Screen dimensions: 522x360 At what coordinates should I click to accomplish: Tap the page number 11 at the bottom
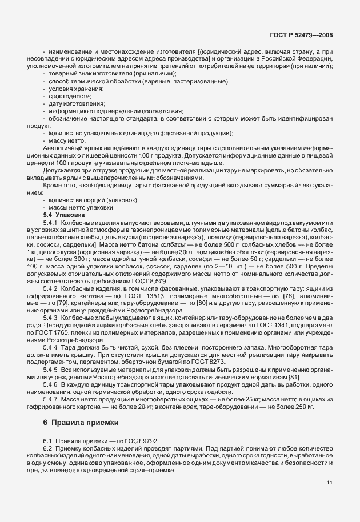(x=329, y=483)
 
